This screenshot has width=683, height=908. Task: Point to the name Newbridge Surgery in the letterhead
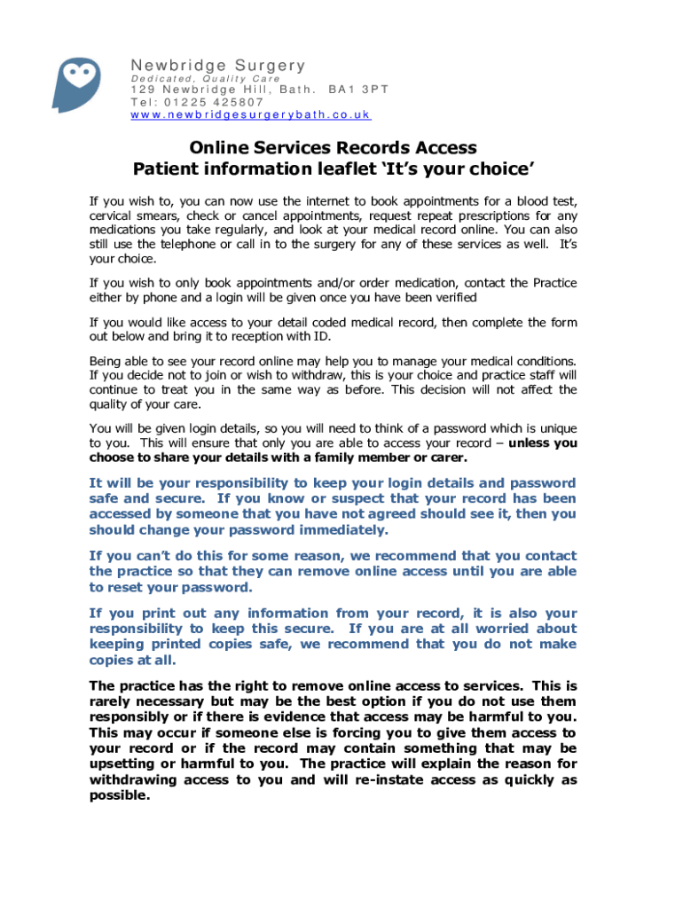click(x=217, y=66)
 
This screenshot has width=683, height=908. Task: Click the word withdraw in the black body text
click(x=311, y=375)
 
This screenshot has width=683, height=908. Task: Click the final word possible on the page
click(x=120, y=795)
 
